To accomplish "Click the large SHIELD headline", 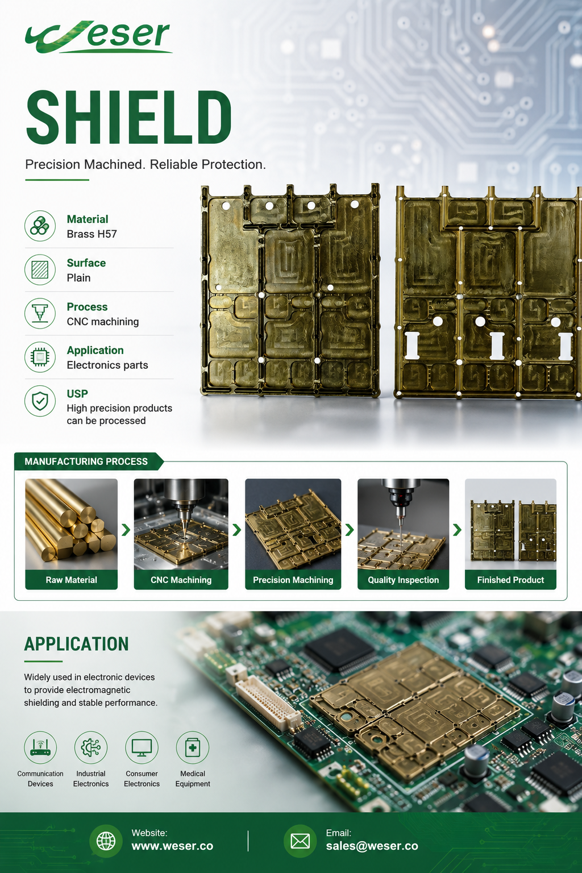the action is click(x=128, y=117).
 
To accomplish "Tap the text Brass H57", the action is click(x=92, y=234).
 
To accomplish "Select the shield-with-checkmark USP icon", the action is click(x=40, y=401).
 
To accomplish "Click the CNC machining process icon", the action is click(x=40, y=313).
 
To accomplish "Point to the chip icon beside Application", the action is click(x=40, y=357).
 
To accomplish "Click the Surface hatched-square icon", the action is click(x=40, y=270).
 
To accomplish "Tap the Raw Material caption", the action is click(x=72, y=580).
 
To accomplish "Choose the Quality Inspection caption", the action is click(x=403, y=580).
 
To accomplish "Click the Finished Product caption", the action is click(x=510, y=580).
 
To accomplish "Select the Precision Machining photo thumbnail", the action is click(x=293, y=524).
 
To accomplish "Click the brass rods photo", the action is click(x=72, y=524).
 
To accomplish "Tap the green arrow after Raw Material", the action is click(x=126, y=530).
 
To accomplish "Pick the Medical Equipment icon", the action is click(x=193, y=747).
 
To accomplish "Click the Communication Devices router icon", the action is click(x=40, y=747).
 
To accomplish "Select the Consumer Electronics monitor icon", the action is click(x=142, y=747).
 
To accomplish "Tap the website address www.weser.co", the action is click(x=172, y=846).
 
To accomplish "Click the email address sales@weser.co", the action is click(x=372, y=846).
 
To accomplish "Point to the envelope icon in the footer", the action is click(x=300, y=841).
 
